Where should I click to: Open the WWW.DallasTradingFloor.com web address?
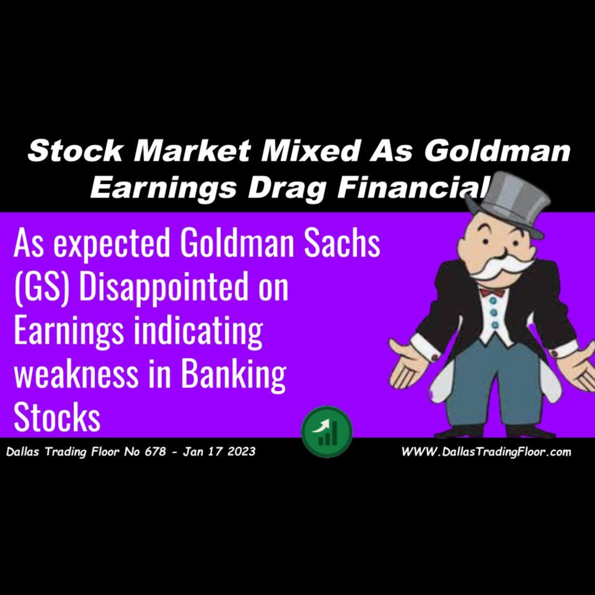pyautogui.click(x=486, y=452)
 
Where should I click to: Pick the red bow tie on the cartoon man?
pyautogui.click(x=492, y=292)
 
